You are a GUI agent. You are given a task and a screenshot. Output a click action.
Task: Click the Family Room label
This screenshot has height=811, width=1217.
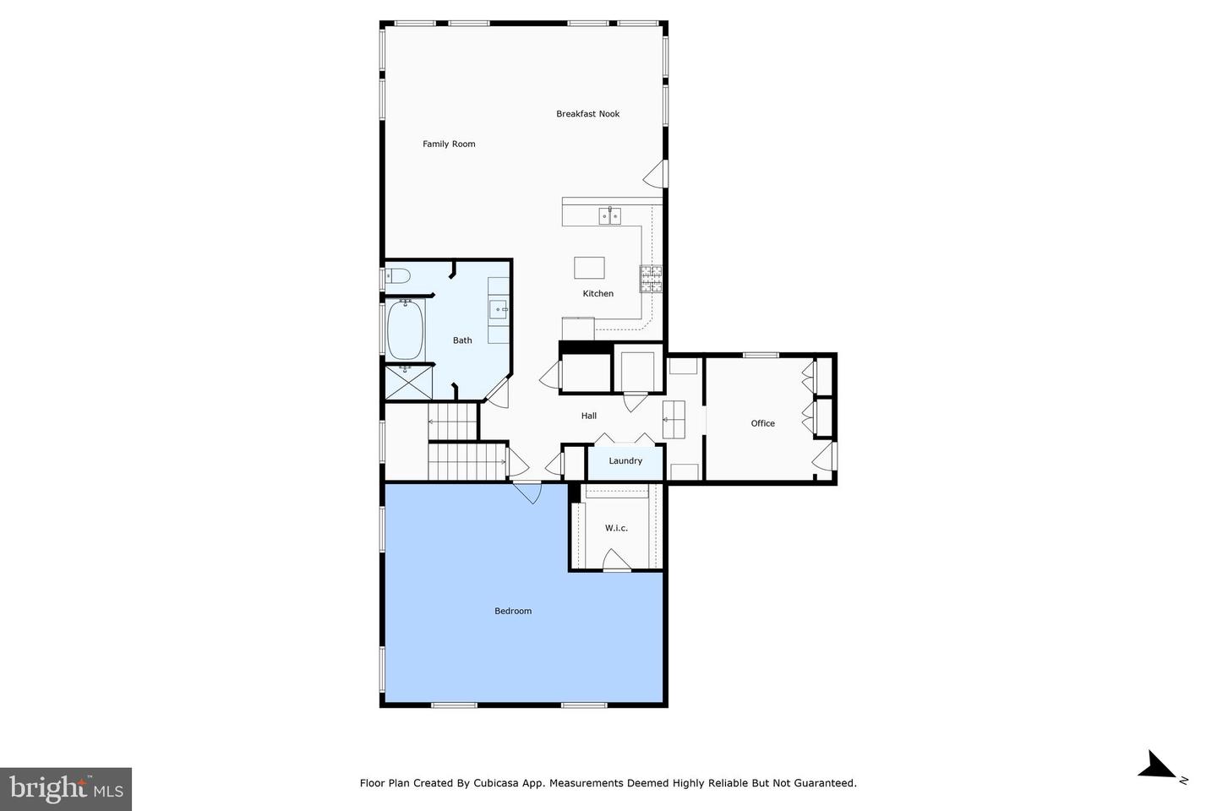pos(449,144)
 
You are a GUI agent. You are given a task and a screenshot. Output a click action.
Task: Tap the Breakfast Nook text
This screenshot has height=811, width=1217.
pos(588,113)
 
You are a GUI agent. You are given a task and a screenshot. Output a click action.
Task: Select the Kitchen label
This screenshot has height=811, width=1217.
pos(598,293)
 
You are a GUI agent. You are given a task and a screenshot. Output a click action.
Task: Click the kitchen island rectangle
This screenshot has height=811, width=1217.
pos(590,268)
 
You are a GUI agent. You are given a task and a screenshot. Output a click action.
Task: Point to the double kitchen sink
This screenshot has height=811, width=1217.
pos(609,215)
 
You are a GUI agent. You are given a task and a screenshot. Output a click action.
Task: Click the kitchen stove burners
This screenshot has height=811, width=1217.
pos(651,279)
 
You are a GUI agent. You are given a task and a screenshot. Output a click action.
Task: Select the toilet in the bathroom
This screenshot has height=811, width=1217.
pos(397,276)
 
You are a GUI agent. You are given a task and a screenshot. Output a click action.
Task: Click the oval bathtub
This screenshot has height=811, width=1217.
pos(405,329)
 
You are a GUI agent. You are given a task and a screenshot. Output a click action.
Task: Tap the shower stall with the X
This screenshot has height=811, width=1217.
pos(408,383)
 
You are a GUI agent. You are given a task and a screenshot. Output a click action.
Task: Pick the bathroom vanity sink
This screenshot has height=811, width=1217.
pos(499,309)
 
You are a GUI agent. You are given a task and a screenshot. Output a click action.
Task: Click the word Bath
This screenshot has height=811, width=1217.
pos(462,340)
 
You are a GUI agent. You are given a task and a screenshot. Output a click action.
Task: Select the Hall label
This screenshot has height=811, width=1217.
pos(589,416)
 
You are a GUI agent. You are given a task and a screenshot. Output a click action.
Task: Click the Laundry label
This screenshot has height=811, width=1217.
pos(625,460)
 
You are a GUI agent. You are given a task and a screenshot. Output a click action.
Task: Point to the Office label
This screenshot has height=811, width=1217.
pos(763,423)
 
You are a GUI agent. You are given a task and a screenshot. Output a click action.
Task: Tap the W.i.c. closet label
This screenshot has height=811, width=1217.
pos(616,528)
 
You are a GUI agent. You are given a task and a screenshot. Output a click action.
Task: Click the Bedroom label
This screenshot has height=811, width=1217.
pos(513,611)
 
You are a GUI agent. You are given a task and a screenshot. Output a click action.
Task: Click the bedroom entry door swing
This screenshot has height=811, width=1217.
pos(528,493)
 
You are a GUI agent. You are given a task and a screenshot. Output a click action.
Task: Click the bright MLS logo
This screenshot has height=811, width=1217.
pos(66,789)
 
